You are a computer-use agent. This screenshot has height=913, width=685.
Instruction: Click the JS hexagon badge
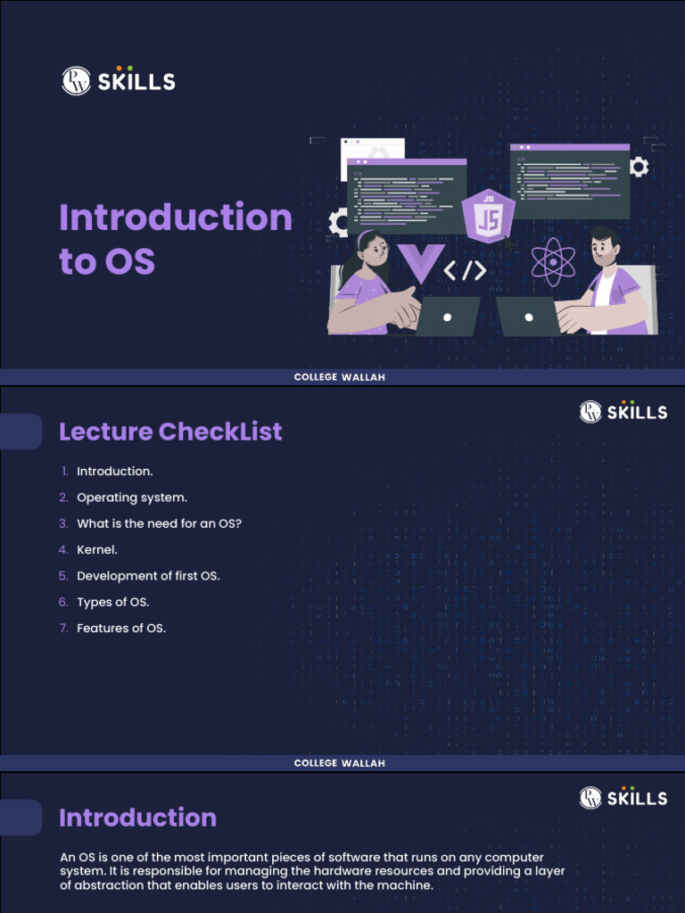pyautogui.click(x=488, y=217)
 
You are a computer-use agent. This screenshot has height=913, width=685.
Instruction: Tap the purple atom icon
pyautogui.click(x=553, y=261)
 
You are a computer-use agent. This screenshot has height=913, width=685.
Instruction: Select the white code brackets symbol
pyautogui.click(x=465, y=270)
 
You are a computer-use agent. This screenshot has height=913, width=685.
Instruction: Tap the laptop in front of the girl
pyautogui.click(x=447, y=317)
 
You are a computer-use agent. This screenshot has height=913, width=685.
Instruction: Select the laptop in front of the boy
pyautogui.click(x=528, y=317)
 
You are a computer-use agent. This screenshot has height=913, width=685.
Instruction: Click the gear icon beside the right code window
pyautogui.click(x=639, y=167)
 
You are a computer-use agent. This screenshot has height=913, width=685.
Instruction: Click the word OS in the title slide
pyautogui.click(x=130, y=262)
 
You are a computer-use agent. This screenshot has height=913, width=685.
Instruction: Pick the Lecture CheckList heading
pyautogui.click(x=170, y=432)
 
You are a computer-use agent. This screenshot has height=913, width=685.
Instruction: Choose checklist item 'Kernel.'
pyautogui.click(x=97, y=550)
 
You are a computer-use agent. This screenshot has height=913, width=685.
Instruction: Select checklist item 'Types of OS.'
pyautogui.click(x=113, y=602)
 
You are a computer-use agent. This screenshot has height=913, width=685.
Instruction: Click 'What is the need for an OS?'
pyautogui.click(x=159, y=523)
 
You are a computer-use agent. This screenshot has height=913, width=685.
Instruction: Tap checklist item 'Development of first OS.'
pyautogui.click(x=148, y=576)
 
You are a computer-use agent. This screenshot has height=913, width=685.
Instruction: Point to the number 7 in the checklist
pyautogui.click(x=63, y=629)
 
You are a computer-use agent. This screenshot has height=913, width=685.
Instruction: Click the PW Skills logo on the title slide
pyautogui.click(x=119, y=81)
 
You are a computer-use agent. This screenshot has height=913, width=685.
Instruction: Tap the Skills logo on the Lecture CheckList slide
pyautogui.click(x=623, y=411)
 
